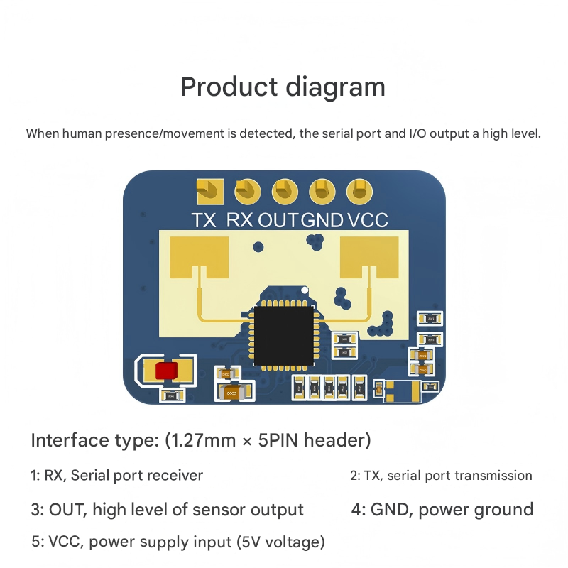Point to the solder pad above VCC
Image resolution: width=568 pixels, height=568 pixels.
pyautogui.click(x=358, y=190)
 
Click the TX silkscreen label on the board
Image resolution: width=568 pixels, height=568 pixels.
pyautogui.click(x=204, y=220)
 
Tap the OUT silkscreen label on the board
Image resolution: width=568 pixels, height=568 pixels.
pyautogui.click(x=279, y=220)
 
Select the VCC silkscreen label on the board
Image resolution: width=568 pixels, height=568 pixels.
pyautogui.click(x=368, y=220)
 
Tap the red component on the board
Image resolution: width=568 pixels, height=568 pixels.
pyautogui.click(x=168, y=371)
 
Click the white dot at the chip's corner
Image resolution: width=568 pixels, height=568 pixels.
pyautogui.click(x=305, y=290)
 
